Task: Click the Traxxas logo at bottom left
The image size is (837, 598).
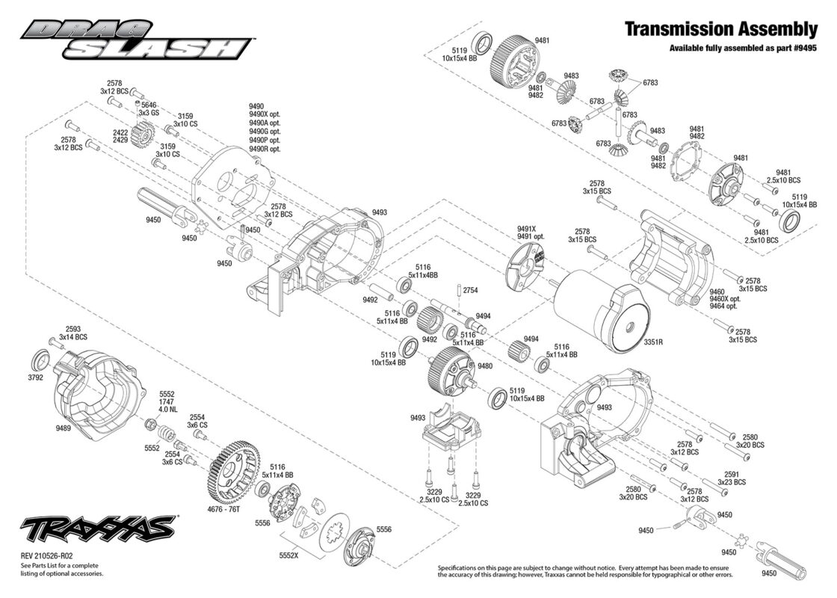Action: [98, 530]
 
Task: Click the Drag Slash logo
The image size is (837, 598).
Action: [136, 39]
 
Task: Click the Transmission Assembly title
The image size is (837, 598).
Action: [720, 29]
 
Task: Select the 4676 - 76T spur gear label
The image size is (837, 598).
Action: [223, 509]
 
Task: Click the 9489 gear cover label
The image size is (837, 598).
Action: [63, 428]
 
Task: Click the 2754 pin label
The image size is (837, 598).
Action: [470, 291]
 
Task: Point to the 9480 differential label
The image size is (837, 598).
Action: [485, 366]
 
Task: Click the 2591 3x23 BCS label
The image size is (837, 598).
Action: [732, 478]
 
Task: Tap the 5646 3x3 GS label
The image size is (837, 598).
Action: [149, 109]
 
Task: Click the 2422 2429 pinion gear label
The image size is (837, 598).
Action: [120, 135]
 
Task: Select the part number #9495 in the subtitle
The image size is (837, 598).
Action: [803, 48]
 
